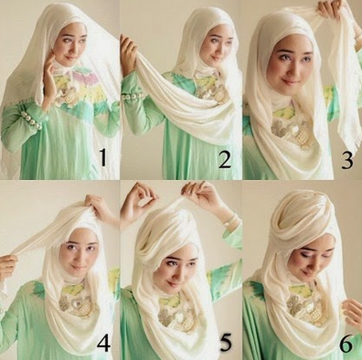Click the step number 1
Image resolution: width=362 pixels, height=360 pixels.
pos(103,157)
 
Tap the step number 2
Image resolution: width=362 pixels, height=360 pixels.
pos(225,159)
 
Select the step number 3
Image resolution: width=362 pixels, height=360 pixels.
pos(346,159)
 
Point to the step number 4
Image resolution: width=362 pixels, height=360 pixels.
pos(103,339)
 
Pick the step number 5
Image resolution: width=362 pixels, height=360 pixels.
pos(226,341)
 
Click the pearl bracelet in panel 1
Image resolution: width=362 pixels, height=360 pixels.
pos(31,120)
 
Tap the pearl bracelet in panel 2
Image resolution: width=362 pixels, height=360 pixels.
pos(133,97)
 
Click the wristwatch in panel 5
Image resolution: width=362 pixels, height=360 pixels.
pos(230,219)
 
